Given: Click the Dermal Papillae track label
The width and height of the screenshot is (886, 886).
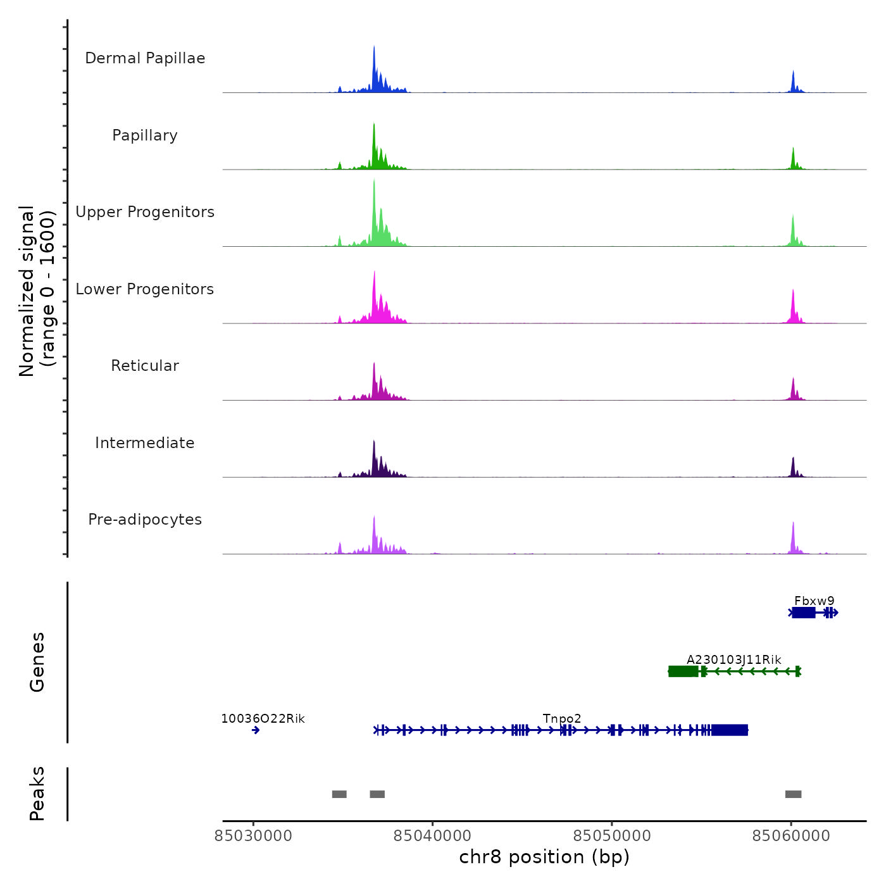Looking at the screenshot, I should pos(145,58).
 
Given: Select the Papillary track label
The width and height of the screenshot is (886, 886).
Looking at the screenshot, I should pos(145,135).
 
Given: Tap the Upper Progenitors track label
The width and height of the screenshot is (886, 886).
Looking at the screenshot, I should pos(145,212).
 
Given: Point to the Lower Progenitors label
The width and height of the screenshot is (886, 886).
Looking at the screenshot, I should pos(145,289).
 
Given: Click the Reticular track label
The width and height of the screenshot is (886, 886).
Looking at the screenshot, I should pos(145,366).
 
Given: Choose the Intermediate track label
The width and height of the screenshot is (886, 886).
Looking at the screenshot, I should pos(145,443).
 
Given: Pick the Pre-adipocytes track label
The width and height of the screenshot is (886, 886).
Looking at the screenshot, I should pos(145,520).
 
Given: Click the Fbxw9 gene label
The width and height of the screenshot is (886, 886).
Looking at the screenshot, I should pos(814,601).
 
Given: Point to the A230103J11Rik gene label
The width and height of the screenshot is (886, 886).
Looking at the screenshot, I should pos(734,660).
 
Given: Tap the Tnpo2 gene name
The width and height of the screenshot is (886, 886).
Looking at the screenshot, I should pos(562,719).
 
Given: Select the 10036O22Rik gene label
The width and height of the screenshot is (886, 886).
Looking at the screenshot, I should pos(263,719).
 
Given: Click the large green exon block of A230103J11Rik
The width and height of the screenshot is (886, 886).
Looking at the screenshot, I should pos(683,671).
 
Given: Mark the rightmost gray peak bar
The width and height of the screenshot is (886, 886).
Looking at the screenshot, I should pos(793,794).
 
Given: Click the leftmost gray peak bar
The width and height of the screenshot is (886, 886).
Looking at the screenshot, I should pos(339,794).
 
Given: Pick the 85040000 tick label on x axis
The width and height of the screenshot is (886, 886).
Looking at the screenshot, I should pos(432,836).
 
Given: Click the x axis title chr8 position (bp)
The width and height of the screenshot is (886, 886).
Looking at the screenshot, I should pos(544,857).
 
